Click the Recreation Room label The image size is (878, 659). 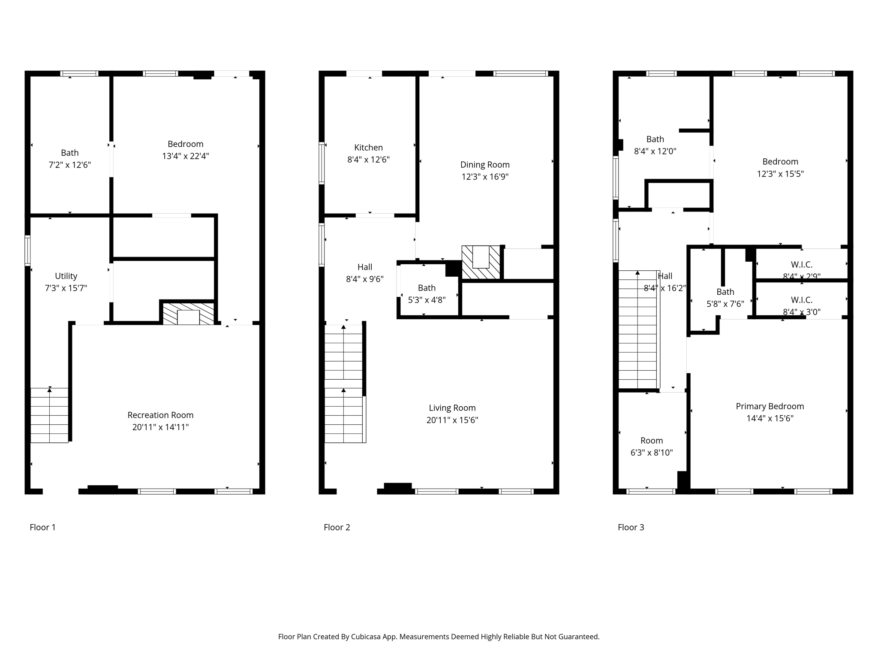[160, 415]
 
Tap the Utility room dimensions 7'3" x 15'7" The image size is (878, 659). [66, 288]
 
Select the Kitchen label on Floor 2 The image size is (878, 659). [368, 148]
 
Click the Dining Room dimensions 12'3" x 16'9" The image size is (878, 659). [485, 177]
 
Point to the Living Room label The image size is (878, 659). [452, 408]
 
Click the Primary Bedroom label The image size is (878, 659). [770, 406]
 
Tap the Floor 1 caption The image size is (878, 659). [42, 527]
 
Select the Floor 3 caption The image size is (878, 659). [631, 527]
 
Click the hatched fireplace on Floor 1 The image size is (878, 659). [189, 314]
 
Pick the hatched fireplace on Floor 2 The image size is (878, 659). [481, 262]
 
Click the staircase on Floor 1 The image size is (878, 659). [49, 415]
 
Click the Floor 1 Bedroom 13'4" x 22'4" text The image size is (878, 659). [185, 150]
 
